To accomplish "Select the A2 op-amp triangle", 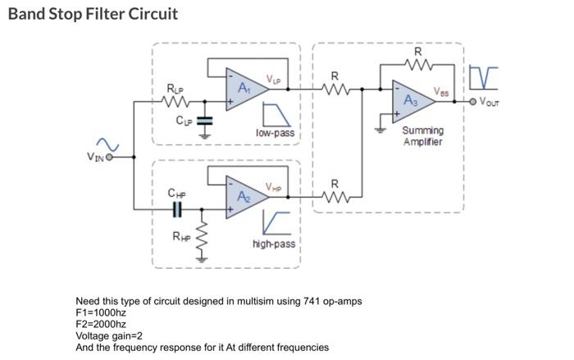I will pyautogui.click(x=244, y=197).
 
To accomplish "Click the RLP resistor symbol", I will pyautogui.click(x=176, y=103).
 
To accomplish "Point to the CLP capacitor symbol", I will pyautogui.click(x=205, y=121).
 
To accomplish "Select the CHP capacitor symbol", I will pyautogui.click(x=176, y=210).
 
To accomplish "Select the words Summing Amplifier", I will pyautogui.click(x=423, y=136).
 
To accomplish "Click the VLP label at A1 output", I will pyautogui.click(x=273, y=79).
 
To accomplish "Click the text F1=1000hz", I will pyautogui.click(x=101, y=312).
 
